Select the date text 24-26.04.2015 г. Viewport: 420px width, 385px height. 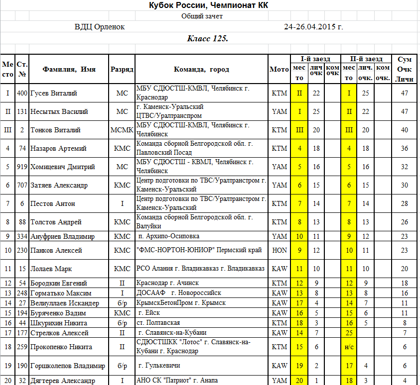pyautogui.click(x=313, y=27)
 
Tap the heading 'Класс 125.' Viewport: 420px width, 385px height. pyautogui.click(x=208, y=39)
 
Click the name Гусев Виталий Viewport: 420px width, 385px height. pyautogui.click(x=54, y=93)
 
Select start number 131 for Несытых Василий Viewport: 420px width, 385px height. pyautogui.click(x=22, y=111)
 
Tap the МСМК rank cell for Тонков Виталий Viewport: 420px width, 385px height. pyautogui.click(x=122, y=130)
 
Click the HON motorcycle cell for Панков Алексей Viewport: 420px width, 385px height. pyautogui.click(x=280, y=250)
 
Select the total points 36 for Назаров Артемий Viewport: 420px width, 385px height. pyautogui.click(x=404, y=148)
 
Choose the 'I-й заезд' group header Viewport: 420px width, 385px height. pyautogui.click(x=315, y=59)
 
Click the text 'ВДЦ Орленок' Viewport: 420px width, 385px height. pyautogui.click(x=100, y=27)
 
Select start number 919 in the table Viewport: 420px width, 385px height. pyautogui.click(x=22, y=167)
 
